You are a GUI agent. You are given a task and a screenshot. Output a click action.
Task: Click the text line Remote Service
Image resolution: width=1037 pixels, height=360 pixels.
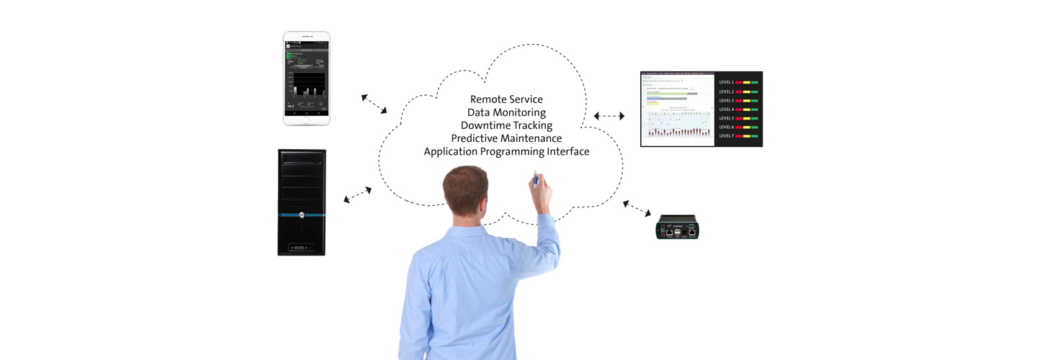[506, 99]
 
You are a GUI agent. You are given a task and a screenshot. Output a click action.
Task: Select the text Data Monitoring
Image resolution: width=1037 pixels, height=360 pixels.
[506, 112]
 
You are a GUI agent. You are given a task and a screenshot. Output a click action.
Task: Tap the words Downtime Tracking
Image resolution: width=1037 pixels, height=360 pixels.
[506, 125]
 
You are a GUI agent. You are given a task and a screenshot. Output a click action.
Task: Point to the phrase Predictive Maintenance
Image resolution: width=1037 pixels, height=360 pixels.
[506, 138]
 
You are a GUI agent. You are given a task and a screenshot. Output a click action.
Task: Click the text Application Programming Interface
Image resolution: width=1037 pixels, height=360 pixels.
[506, 152]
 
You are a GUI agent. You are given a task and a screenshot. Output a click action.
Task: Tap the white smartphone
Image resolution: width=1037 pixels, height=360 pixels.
[306, 78]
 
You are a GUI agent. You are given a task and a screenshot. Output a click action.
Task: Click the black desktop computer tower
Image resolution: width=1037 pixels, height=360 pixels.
[302, 202]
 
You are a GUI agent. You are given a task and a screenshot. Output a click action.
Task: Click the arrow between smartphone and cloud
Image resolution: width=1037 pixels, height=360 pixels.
[374, 103]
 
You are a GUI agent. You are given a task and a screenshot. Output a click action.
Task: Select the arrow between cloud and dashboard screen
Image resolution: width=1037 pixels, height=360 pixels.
[609, 116]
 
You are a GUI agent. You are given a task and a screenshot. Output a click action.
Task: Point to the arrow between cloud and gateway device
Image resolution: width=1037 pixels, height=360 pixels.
[637, 209]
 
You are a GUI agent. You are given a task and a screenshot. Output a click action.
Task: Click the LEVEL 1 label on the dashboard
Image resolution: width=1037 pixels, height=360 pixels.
[727, 83]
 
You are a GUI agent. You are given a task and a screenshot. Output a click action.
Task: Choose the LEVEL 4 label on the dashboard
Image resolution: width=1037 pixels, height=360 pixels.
[727, 109]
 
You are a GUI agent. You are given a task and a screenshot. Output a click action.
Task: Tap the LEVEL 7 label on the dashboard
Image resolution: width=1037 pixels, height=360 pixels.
[727, 136]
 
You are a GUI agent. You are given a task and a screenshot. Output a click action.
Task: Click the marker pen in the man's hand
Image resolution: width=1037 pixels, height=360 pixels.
[534, 176]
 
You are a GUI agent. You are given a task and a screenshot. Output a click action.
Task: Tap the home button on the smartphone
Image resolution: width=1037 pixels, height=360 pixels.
[306, 119]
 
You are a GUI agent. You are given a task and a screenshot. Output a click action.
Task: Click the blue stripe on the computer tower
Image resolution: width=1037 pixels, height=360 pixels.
[302, 215]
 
